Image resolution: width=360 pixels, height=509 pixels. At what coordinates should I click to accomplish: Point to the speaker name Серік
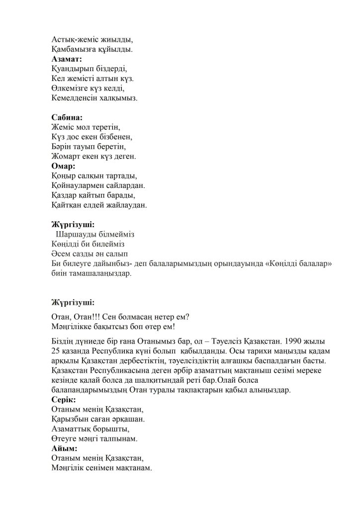tap(64, 400)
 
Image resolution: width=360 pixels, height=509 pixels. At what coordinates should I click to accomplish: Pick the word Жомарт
tap(67, 157)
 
